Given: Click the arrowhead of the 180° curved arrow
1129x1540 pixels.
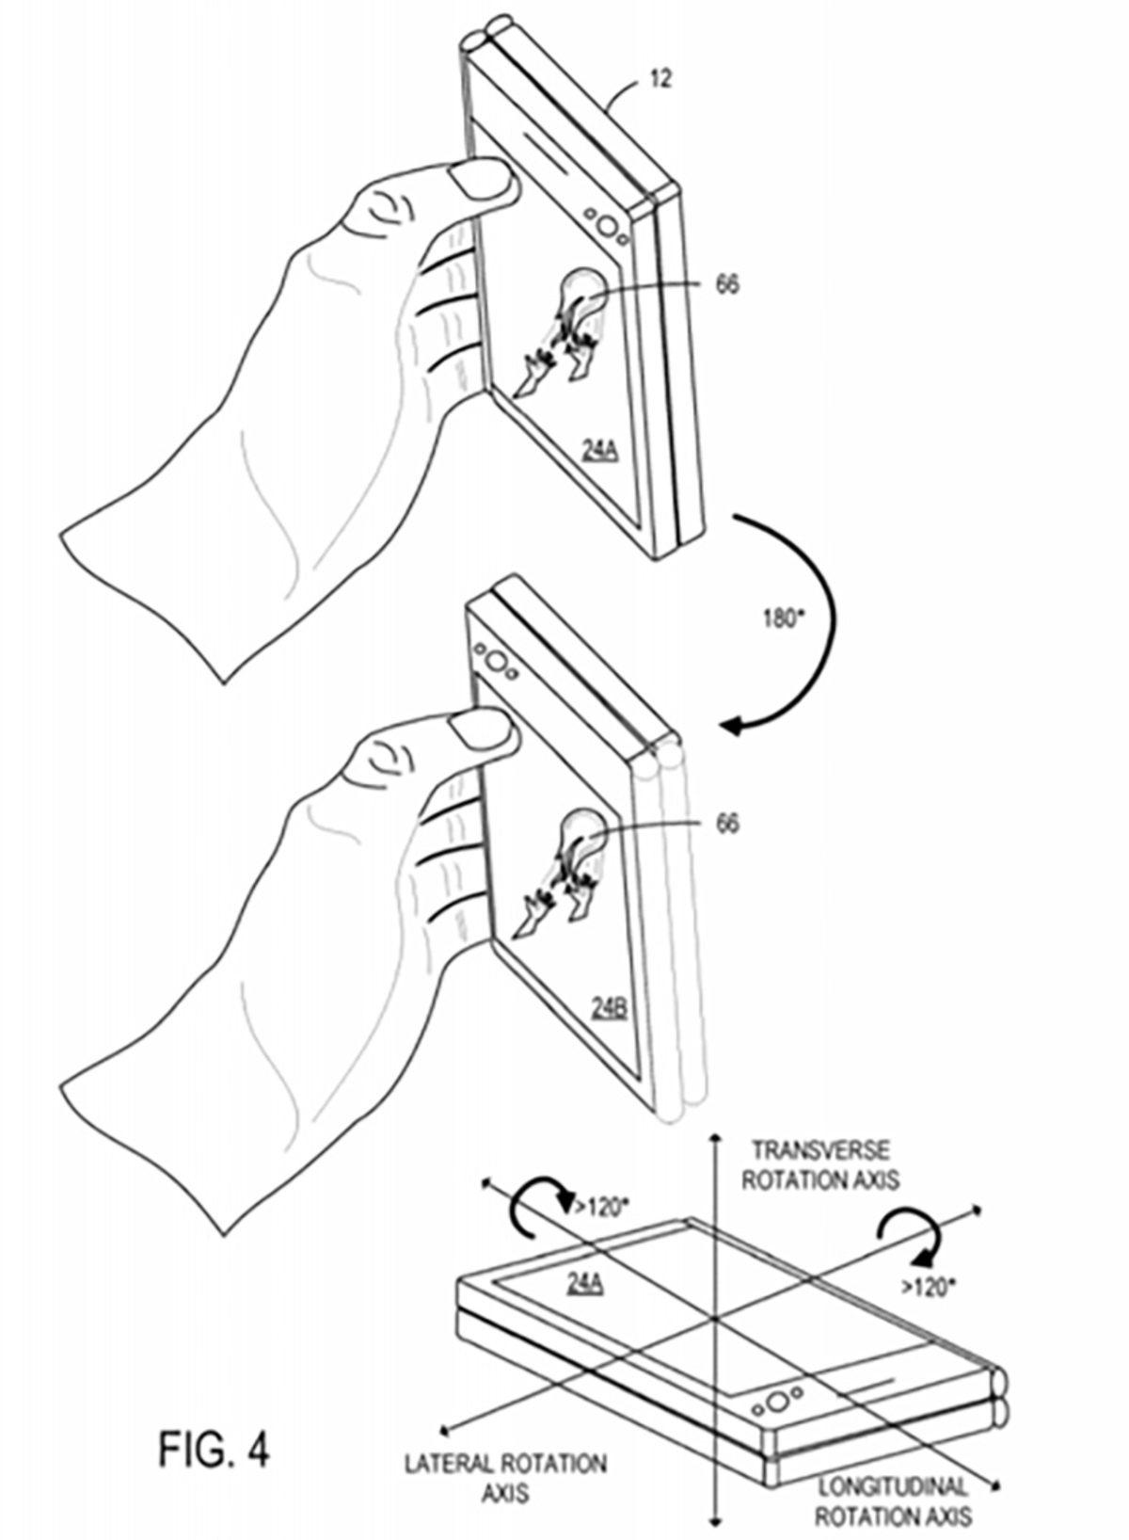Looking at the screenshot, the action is pyautogui.click(x=733, y=726).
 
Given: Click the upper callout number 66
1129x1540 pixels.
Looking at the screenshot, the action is pyautogui.click(x=727, y=284).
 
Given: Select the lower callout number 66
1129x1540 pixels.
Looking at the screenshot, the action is pyautogui.click(x=727, y=823).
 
